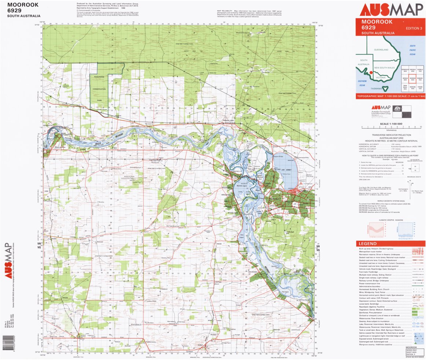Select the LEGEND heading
coord(367,244)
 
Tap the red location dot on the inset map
coord(371,73)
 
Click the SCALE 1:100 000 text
coord(391,124)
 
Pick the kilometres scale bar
coord(391,127)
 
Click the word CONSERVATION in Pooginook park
coord(99,89)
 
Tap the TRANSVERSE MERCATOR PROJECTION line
coord(391,135)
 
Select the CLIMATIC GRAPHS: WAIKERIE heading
coord(391,220)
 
